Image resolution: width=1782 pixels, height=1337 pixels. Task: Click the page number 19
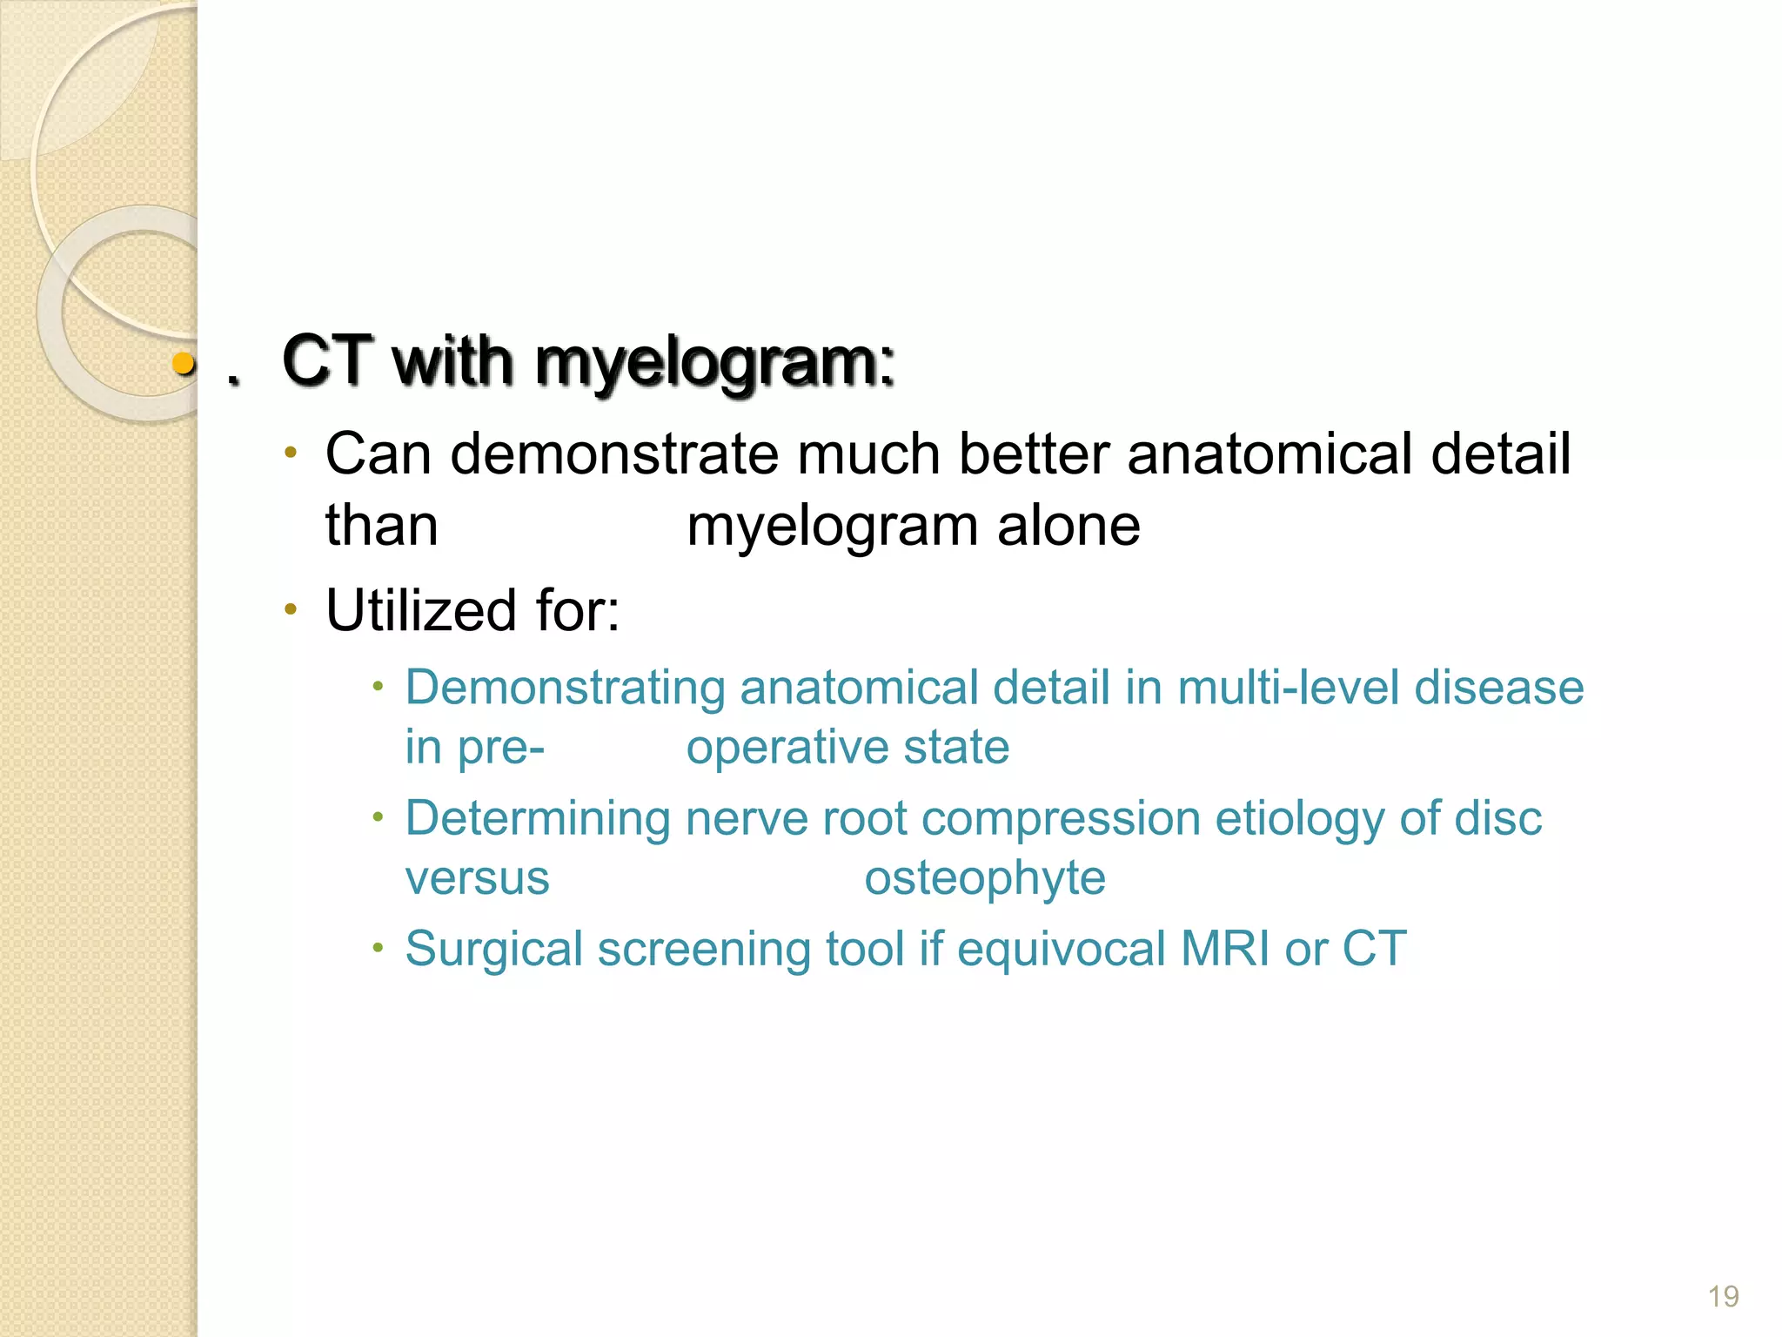pos(1723,1296)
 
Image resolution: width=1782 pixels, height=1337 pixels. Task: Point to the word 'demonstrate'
pos(614,454)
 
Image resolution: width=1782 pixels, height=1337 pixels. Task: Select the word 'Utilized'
pos(421,610)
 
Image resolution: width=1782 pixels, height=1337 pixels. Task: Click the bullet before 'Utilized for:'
pos(291,608)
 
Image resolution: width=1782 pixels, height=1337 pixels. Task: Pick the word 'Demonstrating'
pos(565,688)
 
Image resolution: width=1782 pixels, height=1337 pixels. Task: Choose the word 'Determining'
pos(538,819)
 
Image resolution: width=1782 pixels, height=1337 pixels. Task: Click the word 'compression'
pos(1061,819)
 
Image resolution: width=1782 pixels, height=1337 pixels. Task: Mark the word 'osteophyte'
pos(984,877)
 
